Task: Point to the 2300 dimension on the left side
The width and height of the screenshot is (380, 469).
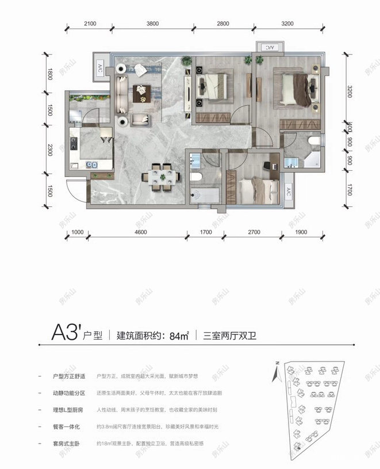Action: click(51, 151)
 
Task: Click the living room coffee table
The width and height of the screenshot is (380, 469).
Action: click(140, 91)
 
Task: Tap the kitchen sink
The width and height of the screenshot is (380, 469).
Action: click(92, 164)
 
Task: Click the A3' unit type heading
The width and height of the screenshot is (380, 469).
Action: click(64, 333)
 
